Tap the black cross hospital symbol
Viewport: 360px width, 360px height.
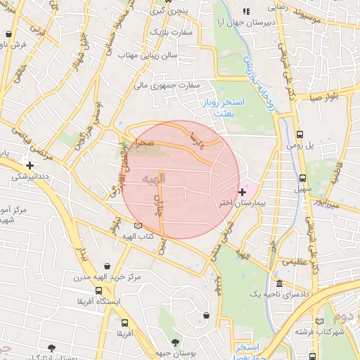pos(243,191)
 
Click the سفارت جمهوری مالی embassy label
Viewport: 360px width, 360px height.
pos(168,86)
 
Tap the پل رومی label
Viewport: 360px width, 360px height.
pos(298,146)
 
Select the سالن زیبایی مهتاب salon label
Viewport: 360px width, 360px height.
pos(147,54)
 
